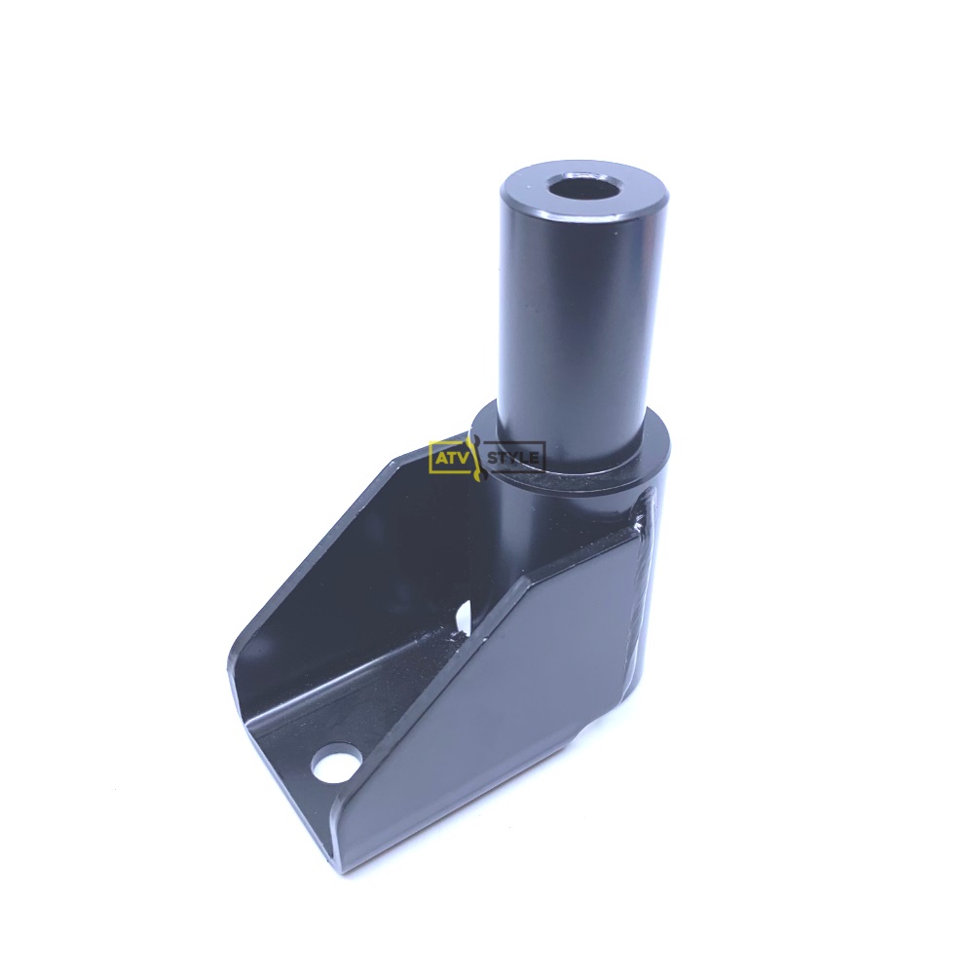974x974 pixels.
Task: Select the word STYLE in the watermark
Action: point(513,458)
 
